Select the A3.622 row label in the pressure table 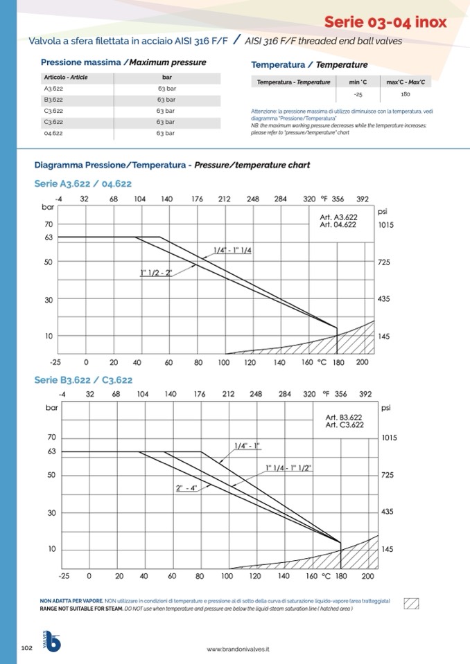coord(53,89)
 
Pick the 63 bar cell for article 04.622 coord(166,133)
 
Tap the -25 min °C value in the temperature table coord(358,93)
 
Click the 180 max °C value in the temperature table coord(406,93)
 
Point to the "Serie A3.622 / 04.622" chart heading coord(82,183)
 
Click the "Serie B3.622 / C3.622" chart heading coord(83,380)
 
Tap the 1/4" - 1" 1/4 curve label coord(232,250)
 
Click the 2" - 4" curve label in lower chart coord(186,488)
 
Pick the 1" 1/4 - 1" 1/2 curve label coord(289,469)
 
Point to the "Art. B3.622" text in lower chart coord(344,418)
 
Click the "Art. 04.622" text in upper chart coord(338,224)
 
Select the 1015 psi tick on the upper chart coord(386,225)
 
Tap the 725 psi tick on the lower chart coord(389,476)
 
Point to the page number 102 coord(27,648)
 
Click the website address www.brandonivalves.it coord(238,649)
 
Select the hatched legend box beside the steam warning coord(412,602)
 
